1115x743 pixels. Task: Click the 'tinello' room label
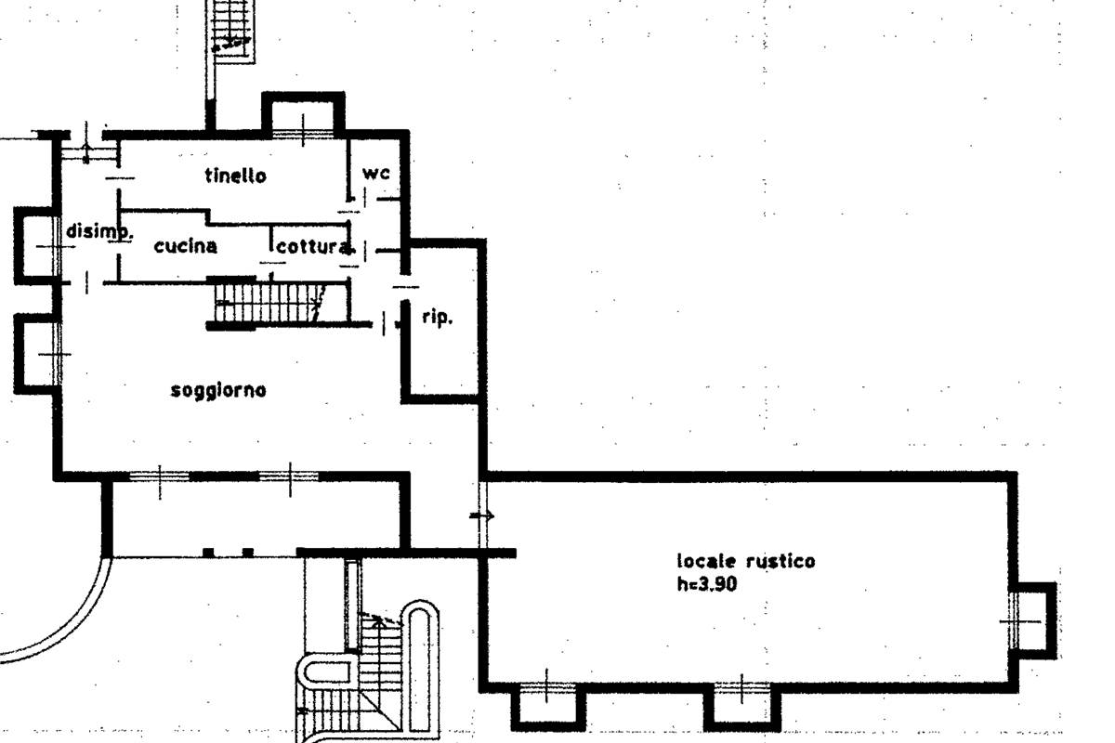tap(235, 176)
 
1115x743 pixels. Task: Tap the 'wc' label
tap(375, 173)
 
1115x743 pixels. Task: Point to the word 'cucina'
tap(185, 246)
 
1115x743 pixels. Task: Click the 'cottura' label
tap(314, 247)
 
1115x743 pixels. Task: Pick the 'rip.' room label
tap(437, 318)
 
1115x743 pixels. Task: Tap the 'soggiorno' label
tap(218, 390)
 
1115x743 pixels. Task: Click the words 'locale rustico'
tap(745, 561)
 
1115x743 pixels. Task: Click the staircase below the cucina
tap(269, 303)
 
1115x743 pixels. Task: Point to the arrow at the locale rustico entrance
tap(482, 515)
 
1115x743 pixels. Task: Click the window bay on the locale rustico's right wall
tap(1033, 619)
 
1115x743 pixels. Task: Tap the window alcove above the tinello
tap(304, 117)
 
